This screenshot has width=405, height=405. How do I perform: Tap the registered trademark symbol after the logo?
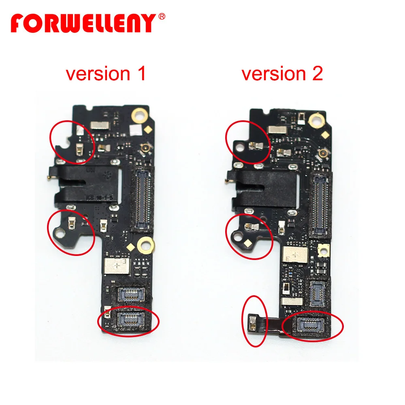(x=161, y=17)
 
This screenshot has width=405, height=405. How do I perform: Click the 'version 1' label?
(x=106, y=74)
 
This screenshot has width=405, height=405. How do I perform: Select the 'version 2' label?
(x=282, y=74)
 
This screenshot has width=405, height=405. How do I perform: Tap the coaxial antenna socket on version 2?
(x=324, y=153)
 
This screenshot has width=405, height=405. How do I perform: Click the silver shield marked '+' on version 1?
(x=117, y=265)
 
